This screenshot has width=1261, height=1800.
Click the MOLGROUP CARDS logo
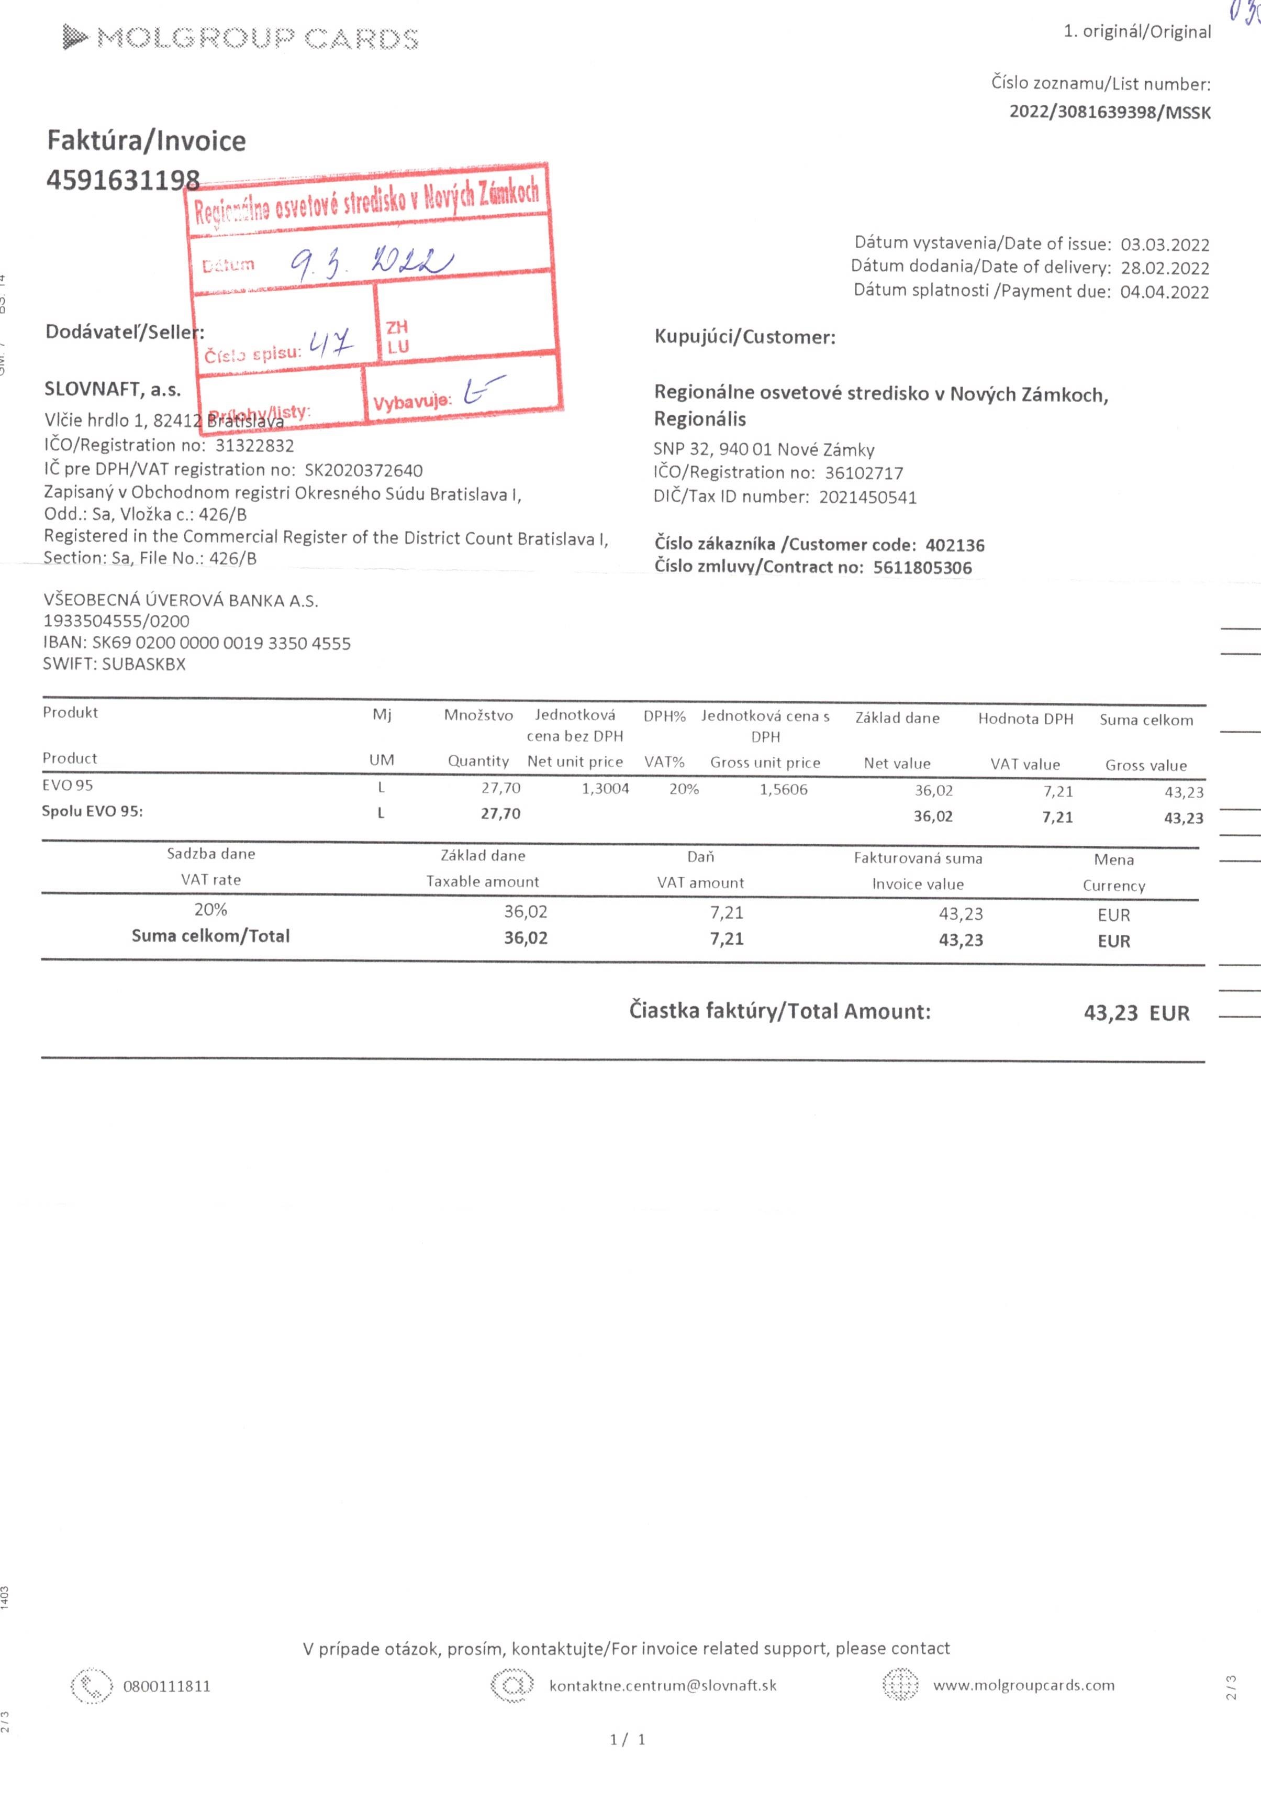coord(241,38)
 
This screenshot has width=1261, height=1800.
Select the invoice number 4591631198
coord(123,180)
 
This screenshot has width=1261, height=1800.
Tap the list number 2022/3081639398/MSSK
coord(1109,112)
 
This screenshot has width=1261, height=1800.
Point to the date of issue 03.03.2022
coord(1165,245)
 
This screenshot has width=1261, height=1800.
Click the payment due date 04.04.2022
coord(1165,292)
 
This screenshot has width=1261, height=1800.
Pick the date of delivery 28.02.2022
coord(1165,268)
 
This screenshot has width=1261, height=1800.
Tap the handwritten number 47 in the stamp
coord(331,343)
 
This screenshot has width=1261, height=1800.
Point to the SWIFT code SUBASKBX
coord(143,664)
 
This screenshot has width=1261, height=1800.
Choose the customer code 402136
coord(955,545)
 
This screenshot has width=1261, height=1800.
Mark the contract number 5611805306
coord(922,568)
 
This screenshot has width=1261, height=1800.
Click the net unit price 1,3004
coord(605,789)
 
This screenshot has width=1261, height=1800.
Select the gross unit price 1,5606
coord(783,789)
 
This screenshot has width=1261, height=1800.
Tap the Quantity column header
coord(478,761)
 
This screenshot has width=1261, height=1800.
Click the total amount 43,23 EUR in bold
coord(1136,1013)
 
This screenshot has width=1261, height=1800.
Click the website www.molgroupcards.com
coord(1023,1685)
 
